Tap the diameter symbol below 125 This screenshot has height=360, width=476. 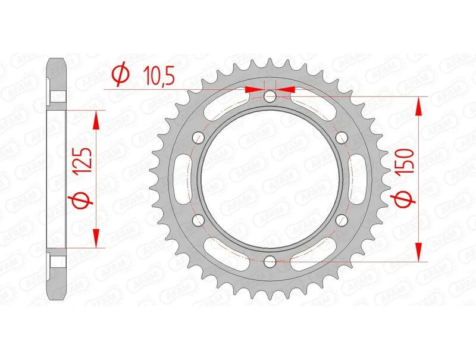coord(83,201)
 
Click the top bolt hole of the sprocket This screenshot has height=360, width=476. coord(270,96)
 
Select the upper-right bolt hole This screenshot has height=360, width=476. coord(341,137)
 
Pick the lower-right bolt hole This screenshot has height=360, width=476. coord(341,220)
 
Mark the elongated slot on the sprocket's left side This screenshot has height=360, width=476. coord(183,179)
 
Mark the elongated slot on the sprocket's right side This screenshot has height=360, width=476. coord(356,179)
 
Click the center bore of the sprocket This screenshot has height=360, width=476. coord(270,179)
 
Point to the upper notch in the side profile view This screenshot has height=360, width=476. coord(57,96)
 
